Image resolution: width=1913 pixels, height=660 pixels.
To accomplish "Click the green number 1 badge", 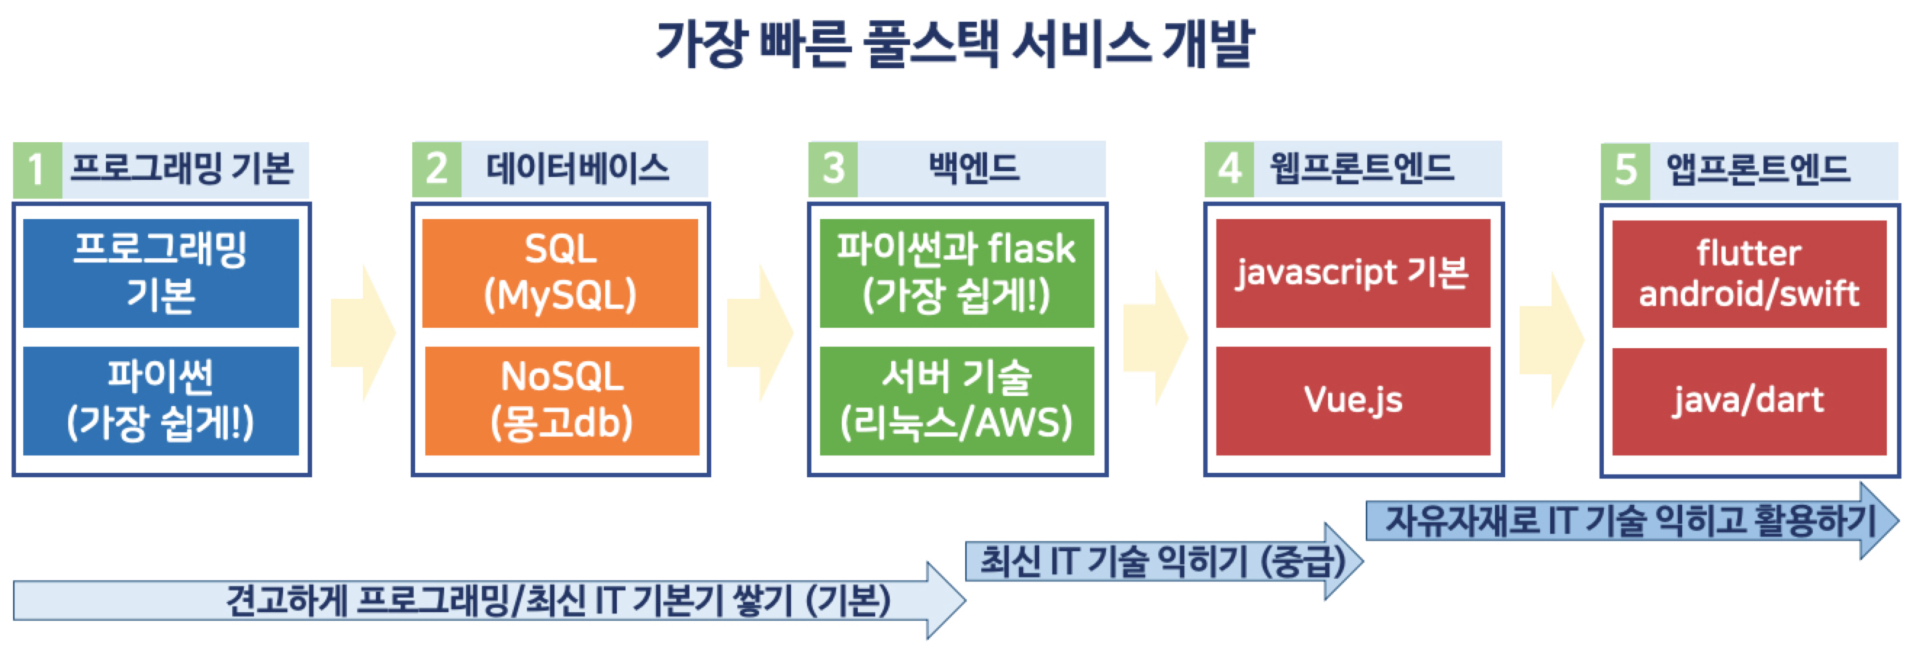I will tap(37, 169).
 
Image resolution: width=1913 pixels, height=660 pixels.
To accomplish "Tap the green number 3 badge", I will tap(832, 168).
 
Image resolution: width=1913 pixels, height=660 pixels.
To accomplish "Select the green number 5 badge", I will tap(1625, 170).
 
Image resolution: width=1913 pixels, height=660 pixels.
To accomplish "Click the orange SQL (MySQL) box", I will tap(560, 273).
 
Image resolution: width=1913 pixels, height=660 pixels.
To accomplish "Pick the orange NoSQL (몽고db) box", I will tap(562, 400).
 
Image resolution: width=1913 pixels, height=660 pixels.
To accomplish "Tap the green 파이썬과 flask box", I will tap(956, 273).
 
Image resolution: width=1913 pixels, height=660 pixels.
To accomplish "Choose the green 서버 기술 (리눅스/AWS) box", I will tap(956, 400).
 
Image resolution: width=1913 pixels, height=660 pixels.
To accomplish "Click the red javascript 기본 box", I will tap(1352, 273).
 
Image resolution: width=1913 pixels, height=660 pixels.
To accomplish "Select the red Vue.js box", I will tap(1352, 400).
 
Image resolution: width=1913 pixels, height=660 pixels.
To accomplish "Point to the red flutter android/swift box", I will tap(1749, 273).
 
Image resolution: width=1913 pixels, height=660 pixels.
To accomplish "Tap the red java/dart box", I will tap(1749, 401).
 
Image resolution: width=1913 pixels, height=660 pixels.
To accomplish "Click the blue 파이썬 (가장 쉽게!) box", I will tap(160, 400).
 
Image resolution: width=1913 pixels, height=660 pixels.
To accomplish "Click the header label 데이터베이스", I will tap(578, 168).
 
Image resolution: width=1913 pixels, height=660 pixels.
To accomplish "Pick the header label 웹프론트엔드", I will tap(1361, 168).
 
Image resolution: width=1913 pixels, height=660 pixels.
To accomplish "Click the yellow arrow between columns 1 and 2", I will tap(362, 334).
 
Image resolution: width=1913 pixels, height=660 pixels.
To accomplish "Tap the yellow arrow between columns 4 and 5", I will tap(1551, 339).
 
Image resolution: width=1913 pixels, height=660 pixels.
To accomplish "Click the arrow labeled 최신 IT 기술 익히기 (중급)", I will tap(1162, 561).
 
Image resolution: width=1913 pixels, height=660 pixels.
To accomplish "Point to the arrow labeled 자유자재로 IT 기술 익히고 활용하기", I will tap(1630, 521).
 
